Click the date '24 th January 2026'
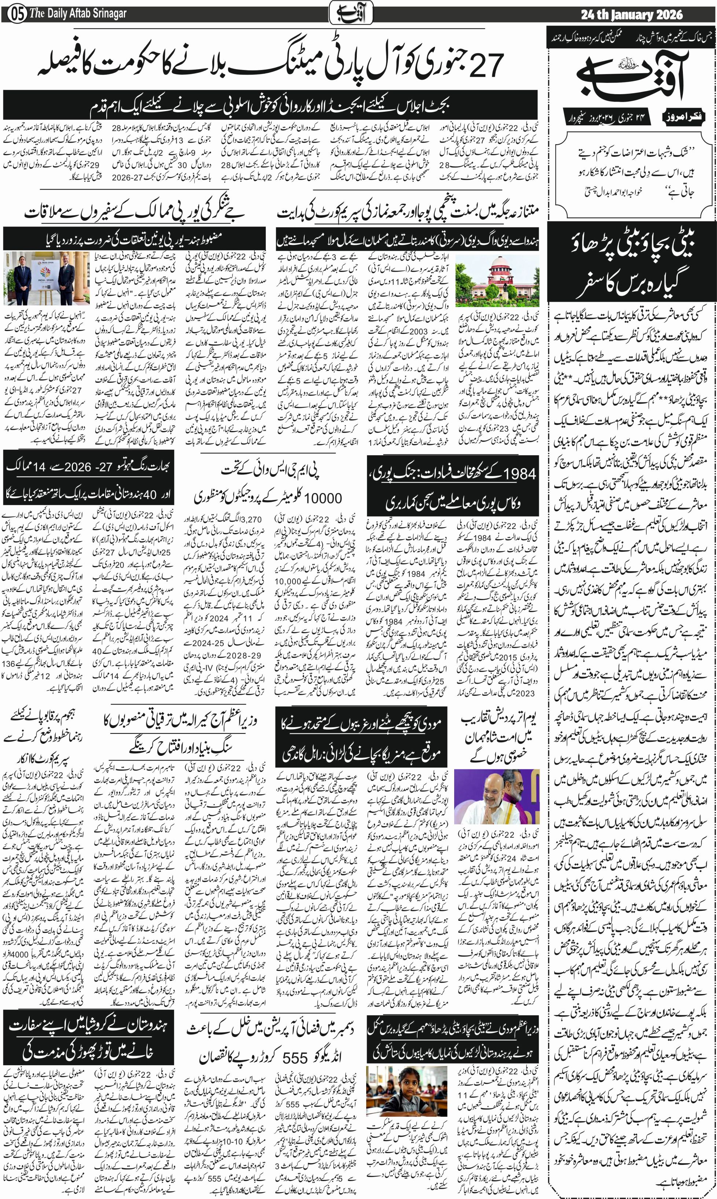pos(632,15)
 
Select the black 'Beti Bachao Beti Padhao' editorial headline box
pos(632,266)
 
